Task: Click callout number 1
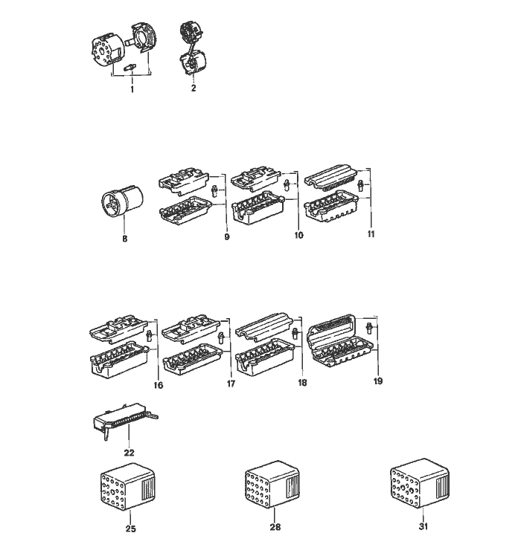[x=132, y=89]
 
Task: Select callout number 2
[x=194, y=88]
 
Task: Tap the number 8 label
[x=124, y=239]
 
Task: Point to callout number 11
[x=371, y=234]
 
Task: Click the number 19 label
[x=378, y=381]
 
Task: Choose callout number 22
[x=130, y=453]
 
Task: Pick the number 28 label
[x=275, y=527]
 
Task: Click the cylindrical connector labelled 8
[x=122, y=200]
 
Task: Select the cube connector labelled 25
[x=128, y=487]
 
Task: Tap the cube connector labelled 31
[x=420, y=483]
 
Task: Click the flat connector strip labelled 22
[x=124, y=419]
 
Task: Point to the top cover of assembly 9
[x=184, y=180]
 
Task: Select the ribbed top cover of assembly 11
[x=333, y=176]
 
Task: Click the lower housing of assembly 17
[x=192, y=358]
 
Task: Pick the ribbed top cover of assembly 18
[x=264, y=326]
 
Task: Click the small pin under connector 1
[x=130, y=68]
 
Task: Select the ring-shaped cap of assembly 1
[x=144, y=39]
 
